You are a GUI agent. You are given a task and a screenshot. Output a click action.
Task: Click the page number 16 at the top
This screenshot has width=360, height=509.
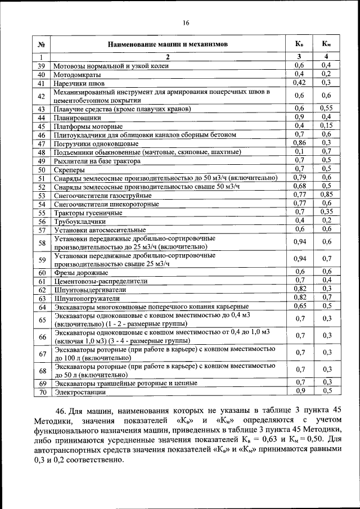click(x=185, y=23)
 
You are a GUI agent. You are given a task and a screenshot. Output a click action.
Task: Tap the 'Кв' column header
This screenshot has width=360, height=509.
click(x=299, y=44)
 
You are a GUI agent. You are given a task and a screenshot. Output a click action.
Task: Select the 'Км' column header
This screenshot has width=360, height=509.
click(x=326, y=44)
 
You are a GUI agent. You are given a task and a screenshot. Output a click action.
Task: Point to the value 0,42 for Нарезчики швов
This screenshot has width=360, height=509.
click(x=299, y=83)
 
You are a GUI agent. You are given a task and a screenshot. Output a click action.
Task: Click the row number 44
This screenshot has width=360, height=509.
click(x=41, y=118)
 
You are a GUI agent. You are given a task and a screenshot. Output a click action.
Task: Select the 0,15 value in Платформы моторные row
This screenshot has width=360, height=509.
click(x=326, y=126)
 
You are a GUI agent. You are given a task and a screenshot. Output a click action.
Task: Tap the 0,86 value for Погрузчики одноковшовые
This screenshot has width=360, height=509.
click(x=299, y=143)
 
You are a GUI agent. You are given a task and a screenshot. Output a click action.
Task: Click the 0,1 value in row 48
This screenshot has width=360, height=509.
click(x=299, y=152)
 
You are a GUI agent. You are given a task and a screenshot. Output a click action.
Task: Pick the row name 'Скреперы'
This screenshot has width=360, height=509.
click(x=69, y=169)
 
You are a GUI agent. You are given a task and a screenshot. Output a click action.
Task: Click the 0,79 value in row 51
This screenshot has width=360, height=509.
click(x=299, y=178)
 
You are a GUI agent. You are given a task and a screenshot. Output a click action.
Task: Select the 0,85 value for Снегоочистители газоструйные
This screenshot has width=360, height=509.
click(x=326, y=195)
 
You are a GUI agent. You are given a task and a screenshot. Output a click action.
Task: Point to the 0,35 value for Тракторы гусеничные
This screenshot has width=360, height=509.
click(x=326, y=212)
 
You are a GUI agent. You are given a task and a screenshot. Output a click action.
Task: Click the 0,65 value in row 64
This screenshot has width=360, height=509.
click(x=299, y=307)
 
